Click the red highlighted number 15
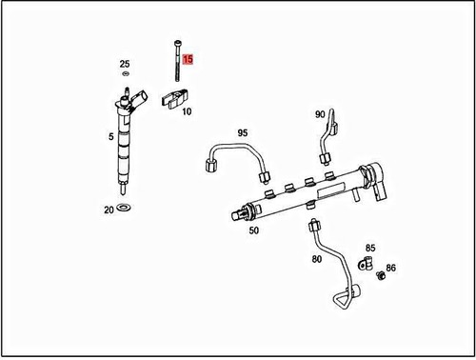(188, 59)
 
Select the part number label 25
(125, 64)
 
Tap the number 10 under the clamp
(187, 111)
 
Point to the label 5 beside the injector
(111, 137)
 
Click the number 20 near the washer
(109, 208)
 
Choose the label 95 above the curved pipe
(242, 132)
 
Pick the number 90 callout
(321, 114)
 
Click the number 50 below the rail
(253, 230)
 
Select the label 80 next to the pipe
(316, 257)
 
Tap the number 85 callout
(370, 248)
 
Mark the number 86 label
(391, 270)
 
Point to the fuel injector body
(122, 143)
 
